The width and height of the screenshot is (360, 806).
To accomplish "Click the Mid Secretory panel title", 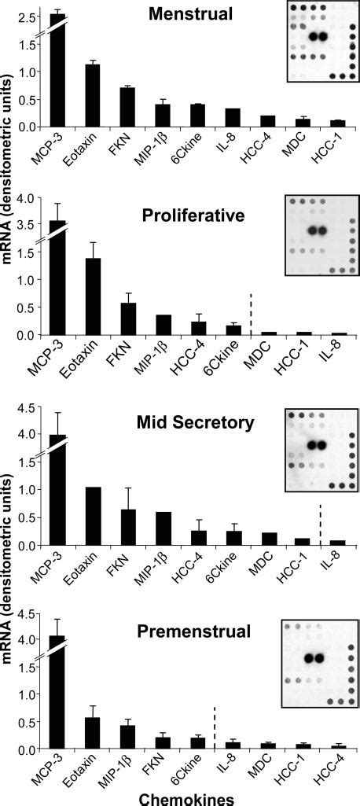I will coord(203,423).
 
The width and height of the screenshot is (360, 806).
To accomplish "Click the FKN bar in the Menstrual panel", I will coord(127,107).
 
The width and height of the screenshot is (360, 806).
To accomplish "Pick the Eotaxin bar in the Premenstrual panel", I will coord(93,734).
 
